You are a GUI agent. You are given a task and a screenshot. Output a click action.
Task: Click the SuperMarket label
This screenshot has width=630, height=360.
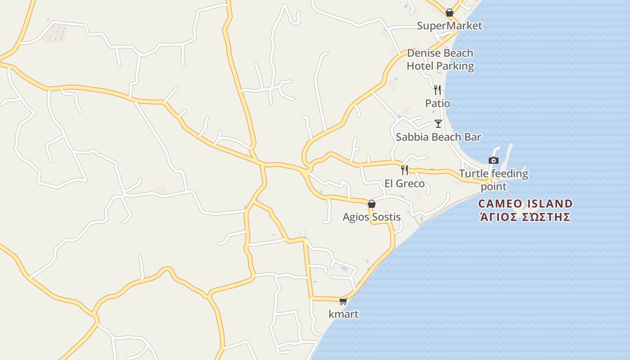(x=449, y=26)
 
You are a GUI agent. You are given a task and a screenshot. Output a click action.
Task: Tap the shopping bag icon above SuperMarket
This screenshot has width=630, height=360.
(x=449, y=13)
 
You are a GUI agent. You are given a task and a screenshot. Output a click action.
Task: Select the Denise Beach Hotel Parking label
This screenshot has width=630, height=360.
(x=440, y=59)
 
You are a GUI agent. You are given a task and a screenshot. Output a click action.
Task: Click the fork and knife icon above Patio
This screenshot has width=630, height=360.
(x=437, y=90)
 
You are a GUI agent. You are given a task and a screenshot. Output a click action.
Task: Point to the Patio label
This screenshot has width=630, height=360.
(x=437, y=103)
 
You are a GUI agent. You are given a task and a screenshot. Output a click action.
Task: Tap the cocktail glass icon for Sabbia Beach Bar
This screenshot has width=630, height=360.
(x=438, y=123)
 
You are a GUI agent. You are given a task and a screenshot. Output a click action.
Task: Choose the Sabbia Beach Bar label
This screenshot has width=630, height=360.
(x=438, y=137)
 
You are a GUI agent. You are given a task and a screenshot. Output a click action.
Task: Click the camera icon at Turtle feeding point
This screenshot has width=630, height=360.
(x=494, y=160)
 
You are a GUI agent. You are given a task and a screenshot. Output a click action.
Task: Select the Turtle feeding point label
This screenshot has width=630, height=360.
(x=494, y=180)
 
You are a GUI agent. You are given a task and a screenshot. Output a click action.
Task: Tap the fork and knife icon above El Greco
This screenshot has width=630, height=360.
(x=405, y=170)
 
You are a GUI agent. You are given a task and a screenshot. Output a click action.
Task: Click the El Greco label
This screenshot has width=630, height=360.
(x=405, y=184)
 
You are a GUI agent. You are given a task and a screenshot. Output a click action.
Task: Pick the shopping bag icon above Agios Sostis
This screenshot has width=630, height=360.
(x=372, y=204)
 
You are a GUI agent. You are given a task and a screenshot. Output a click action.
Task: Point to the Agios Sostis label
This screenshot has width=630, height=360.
(x=372, y=217)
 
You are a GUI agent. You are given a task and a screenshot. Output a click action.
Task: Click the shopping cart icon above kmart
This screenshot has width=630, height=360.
(x=343, y=301)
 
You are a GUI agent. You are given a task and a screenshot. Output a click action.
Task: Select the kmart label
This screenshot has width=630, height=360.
(x=344, y=314)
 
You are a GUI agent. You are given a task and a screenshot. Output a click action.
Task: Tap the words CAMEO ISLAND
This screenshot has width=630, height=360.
(x=525, y=204)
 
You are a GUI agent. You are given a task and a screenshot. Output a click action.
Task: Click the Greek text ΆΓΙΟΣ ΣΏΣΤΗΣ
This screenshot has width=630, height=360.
(x=525, y=217)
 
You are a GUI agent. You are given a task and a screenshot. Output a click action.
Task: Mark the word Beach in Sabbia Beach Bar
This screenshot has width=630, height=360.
(x=438, y=137)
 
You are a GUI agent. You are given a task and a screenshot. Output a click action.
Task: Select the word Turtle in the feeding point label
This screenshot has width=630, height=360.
(x=473, y=174)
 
